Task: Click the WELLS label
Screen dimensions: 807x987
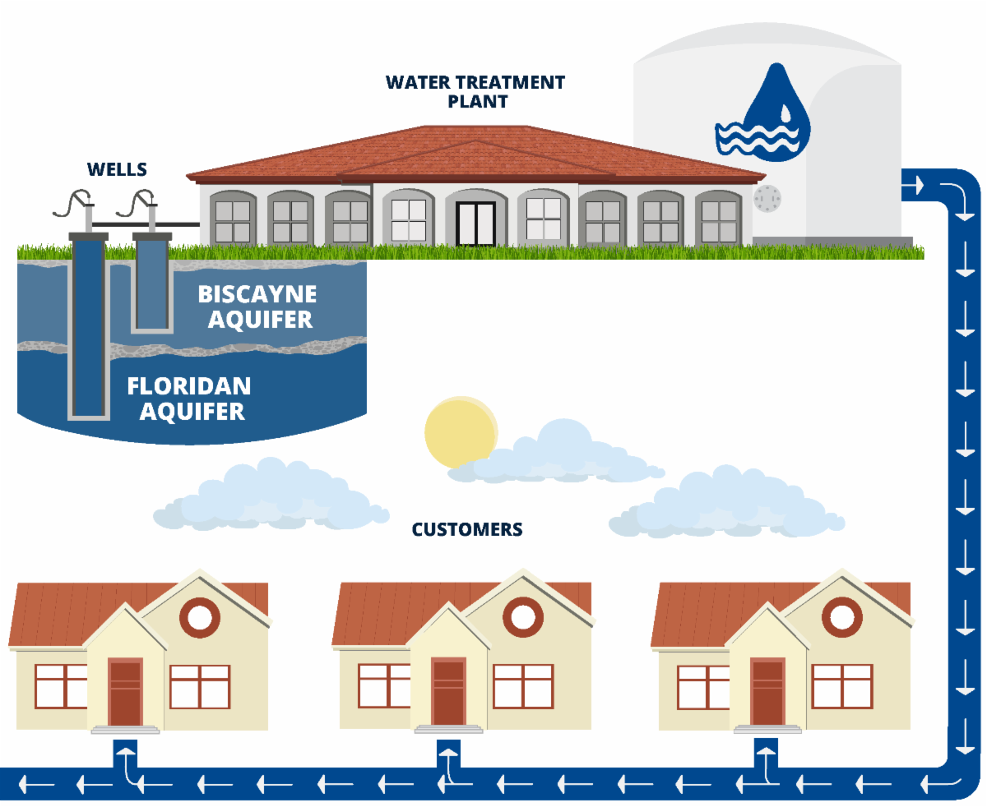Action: [x=117, y=170]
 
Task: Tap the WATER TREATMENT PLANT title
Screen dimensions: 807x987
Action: [x=475, y=92]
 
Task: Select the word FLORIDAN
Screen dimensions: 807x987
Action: [x=188, y=385]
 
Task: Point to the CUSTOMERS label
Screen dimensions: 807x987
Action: [x=467, y=529]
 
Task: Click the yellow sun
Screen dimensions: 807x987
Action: [x=458, y=431]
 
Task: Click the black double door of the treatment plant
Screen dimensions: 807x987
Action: [x=475, y=224]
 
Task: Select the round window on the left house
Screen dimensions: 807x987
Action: [x=200, y=616]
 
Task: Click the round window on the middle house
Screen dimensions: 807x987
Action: [x=522, y=616]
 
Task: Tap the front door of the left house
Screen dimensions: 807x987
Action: [x=125, y=693]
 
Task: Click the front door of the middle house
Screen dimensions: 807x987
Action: [x=448, y=692]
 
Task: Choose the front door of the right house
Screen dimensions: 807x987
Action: [x=767, y=692]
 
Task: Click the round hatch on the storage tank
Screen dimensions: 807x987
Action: [x=767, y=199]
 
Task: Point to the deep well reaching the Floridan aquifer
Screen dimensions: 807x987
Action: [x=88, y=329]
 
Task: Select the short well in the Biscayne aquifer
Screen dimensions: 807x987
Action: [x=151, y=284]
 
